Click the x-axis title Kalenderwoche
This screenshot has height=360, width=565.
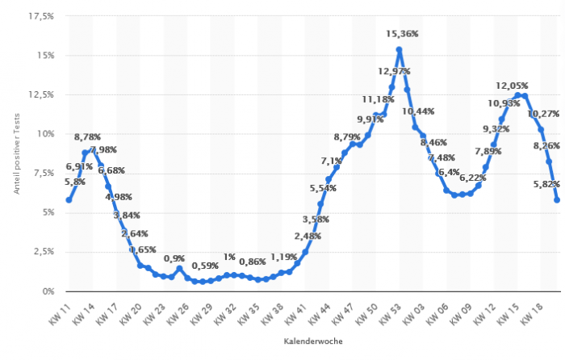tap(312, 341)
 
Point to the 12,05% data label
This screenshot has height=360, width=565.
tap(512, 86)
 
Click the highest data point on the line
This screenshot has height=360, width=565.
tap(399, 50)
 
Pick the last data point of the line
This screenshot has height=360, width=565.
tap(557, 199)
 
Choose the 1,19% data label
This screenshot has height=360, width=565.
tap(284, 257)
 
